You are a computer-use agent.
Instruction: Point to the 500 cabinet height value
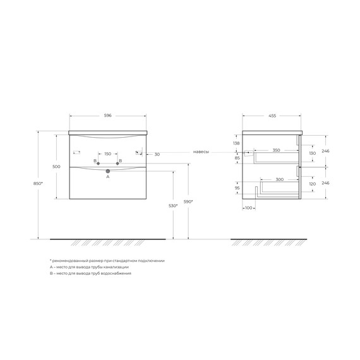(x=56, y=166)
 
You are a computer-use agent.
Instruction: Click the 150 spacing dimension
(x=107, y=153)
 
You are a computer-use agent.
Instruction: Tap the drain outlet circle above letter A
(x=108, y=171)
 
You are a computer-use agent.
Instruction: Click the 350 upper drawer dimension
(x=276, y=150)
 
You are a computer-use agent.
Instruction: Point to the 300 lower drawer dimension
(x=279, y=180)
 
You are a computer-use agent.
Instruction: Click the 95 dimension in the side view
(x=236, y=188)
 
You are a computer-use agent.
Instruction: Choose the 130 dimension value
(x=311, y=153)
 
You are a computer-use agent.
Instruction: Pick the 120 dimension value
(x=311, y=184)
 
